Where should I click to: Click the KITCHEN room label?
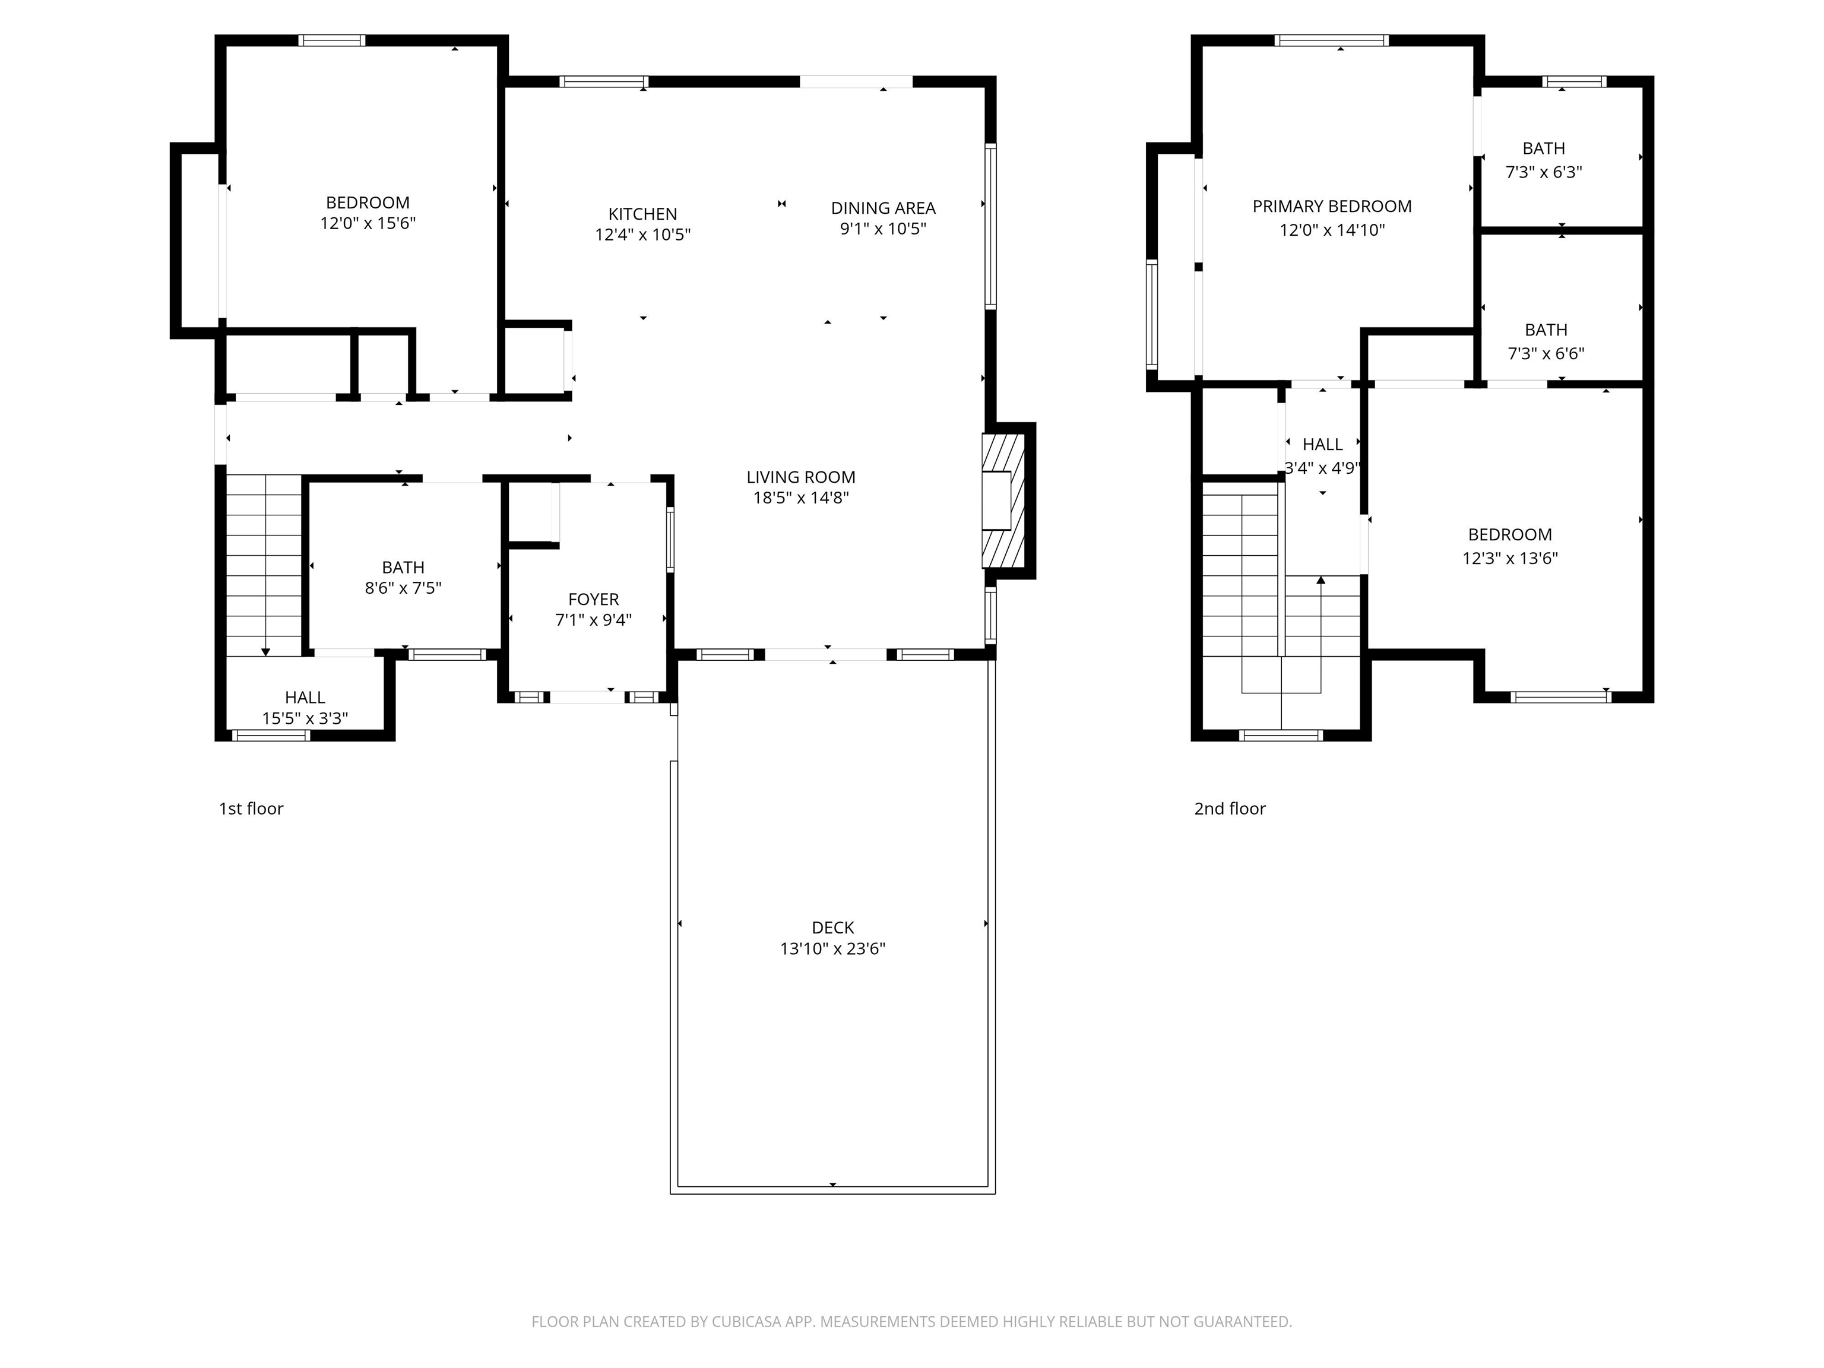(x=642, y=214)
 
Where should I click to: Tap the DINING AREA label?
(x=882, y=208)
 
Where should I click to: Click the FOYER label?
(x=593, y=600)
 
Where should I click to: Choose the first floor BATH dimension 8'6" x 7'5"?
(x=403, y=588)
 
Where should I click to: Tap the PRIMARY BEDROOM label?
(x=1331, y=206)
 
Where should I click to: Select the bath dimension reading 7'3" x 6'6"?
(x=1546, y=354)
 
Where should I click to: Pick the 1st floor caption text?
(x=251, y=809)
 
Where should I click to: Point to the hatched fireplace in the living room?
(x=1003, y=501)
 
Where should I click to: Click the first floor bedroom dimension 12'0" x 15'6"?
(x=367, y=223)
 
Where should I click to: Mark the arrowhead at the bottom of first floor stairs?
(x=265, y=653)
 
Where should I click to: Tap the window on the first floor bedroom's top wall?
(x=331, y=40)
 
